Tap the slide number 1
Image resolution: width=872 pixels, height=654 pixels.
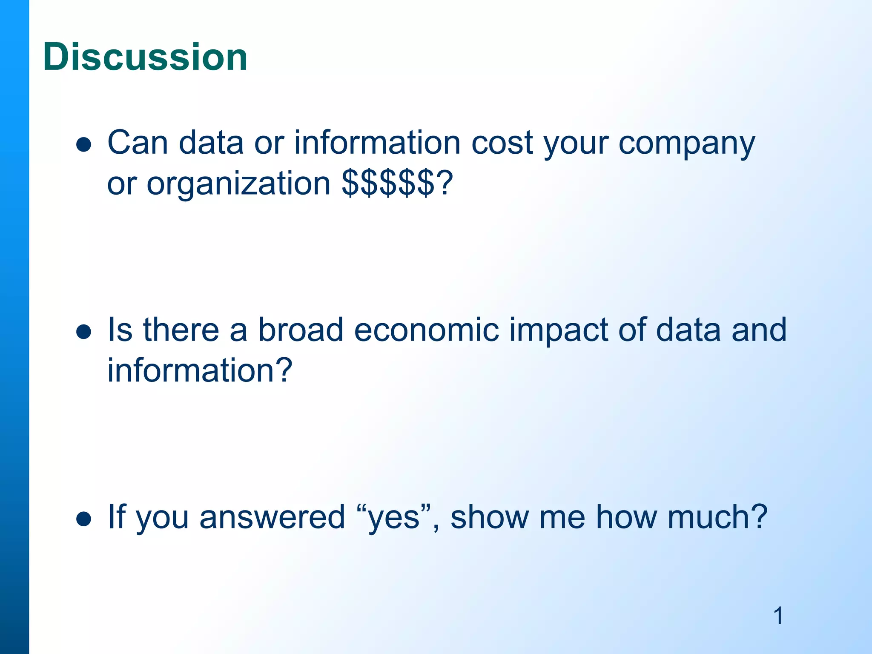click(x=778, y=616)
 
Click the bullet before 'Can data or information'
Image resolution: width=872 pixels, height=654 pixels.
click(x=84, y=145)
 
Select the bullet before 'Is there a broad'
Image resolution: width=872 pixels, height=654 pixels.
click(x=84, y=332)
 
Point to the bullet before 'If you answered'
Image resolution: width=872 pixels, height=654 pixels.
click(x=84, y=519)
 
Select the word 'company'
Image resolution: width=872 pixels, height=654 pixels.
click(x=686, y=144)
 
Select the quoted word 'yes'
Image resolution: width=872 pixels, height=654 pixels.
click(x=393, y=517)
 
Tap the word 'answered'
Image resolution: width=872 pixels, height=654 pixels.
click(x=272, y=516)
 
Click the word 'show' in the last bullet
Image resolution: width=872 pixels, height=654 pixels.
click(x=489, y=516)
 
